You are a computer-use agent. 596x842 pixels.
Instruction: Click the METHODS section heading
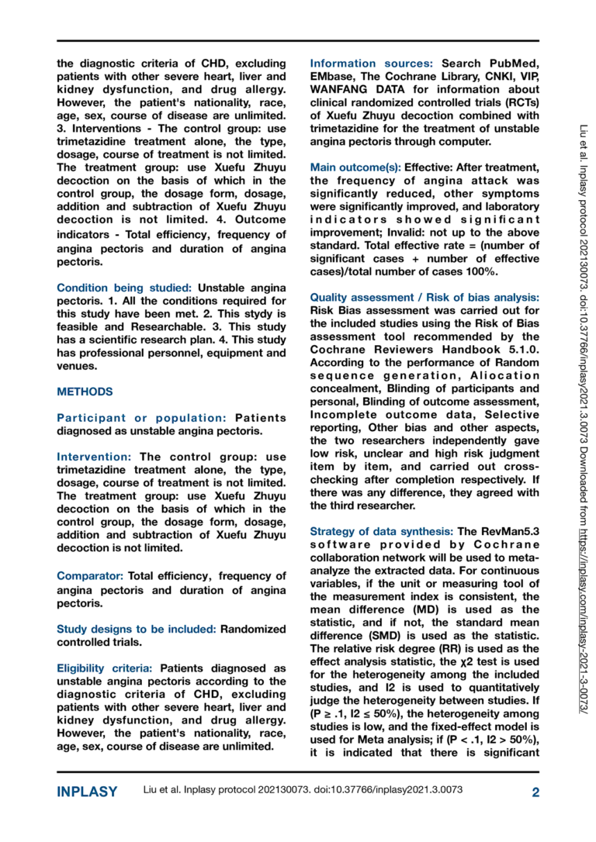[x=85, y=392]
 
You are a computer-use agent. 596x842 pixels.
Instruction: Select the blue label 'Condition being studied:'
[x=126, y=288]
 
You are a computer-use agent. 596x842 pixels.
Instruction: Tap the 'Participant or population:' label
[x=144, y=418]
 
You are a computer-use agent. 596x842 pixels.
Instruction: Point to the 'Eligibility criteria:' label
[x=105, y=668]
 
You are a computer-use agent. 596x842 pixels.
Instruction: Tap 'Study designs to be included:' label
[x=137, y=629]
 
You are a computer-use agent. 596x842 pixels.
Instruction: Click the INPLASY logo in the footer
[x=87, y=792]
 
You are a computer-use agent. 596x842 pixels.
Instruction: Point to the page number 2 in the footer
[x=535, y=792]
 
